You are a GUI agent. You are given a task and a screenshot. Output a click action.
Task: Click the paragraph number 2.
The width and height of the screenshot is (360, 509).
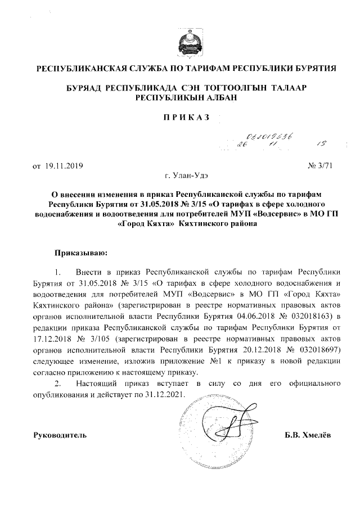(x=57, y=383)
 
